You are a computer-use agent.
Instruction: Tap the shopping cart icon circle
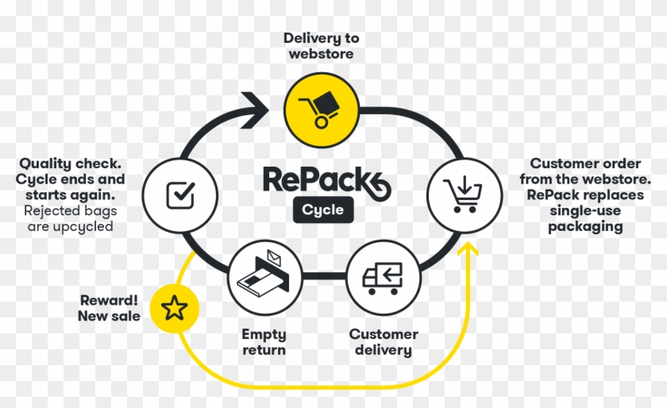pyautogui.click(x=465, y=194)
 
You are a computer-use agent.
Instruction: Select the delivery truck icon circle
pyautogui.click(x=384, y=278)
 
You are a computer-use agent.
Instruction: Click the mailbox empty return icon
pyautogui.click(x=265, y=278)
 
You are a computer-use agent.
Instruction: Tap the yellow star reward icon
pyautogui.click(x=175, y=308)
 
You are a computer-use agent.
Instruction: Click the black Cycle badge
pyautogui.click(x=323, y=210)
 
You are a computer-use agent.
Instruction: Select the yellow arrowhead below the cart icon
pyautogui.click(x=469, y=252)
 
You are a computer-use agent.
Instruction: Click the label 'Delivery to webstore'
pyautogui.click(x=322, y=46)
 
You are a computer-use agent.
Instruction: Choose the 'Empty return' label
pyautogui.click(x=264, y=343)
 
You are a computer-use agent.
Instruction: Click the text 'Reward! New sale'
pyautogui.click(x=109, y=309)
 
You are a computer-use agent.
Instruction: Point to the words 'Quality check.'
pyautogui.click(x=71, y=164)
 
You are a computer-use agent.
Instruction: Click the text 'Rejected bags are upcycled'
pyautogui.click(x=69, y=219)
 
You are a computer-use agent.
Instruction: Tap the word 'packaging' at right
pyautogui.click(x=585, y=226)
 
